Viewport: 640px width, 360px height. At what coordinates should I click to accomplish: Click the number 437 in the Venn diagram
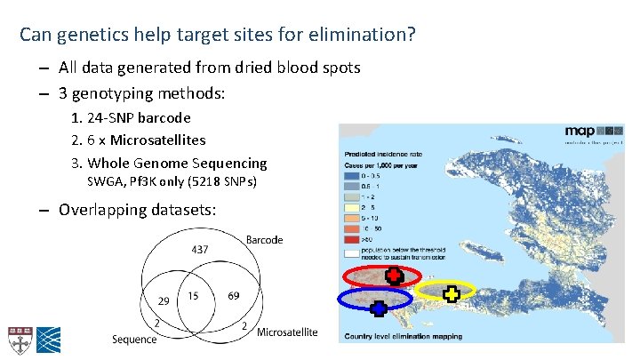200,251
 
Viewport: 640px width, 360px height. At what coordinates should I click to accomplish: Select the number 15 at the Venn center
193,295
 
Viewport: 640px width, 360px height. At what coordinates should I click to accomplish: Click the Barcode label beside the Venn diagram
265,239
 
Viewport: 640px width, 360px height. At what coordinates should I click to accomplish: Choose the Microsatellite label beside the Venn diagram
286,332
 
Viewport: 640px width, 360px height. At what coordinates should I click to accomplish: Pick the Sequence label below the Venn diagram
134,339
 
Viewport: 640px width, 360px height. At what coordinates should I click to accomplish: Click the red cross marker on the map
392,276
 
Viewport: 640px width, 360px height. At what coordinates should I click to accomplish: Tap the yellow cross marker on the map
452,293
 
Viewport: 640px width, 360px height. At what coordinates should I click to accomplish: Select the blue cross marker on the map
378,308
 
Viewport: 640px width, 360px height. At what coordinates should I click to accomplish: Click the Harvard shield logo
18,337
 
